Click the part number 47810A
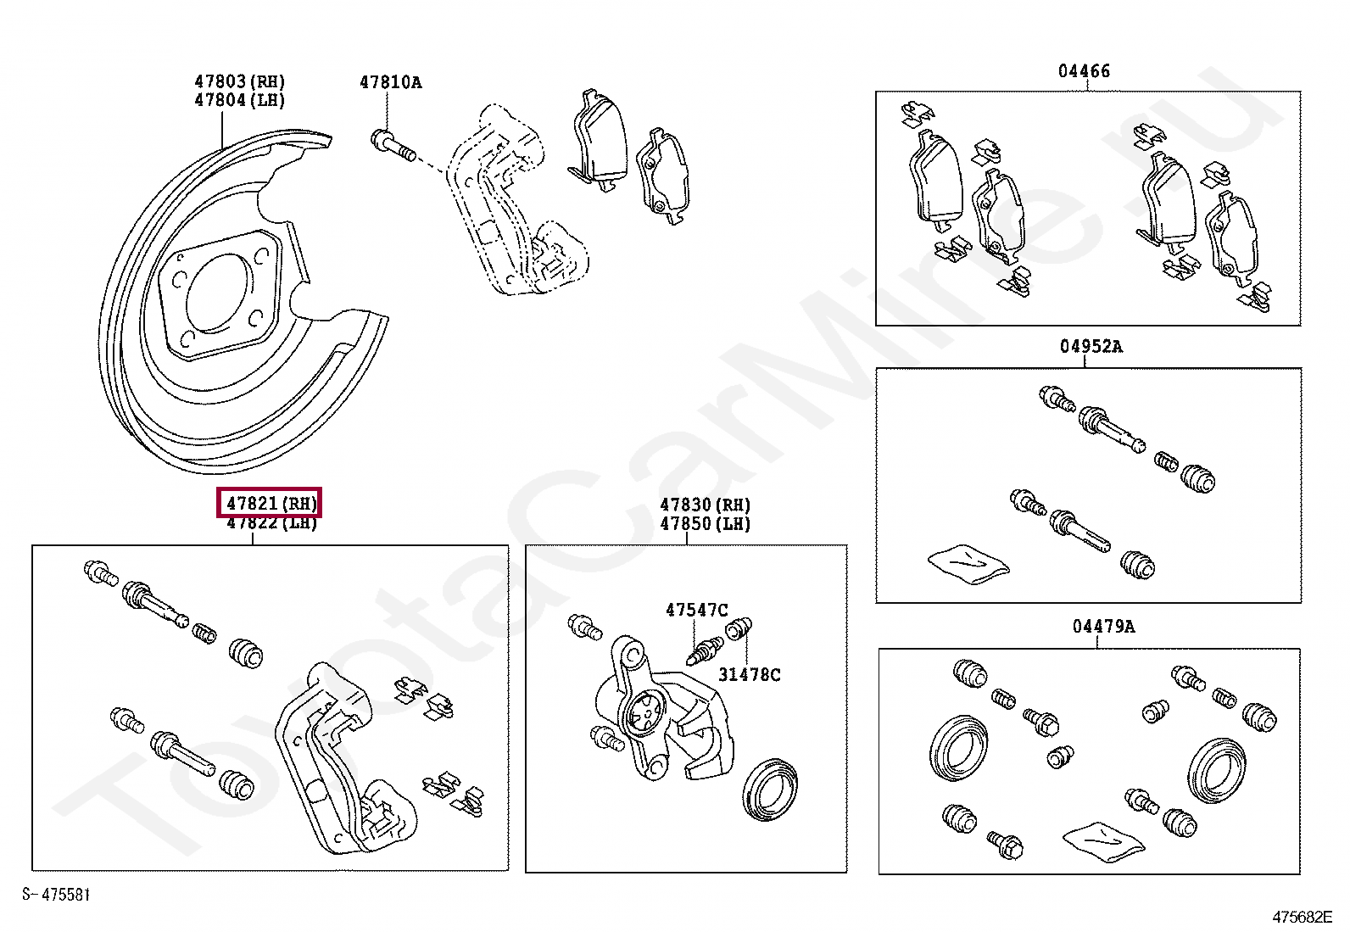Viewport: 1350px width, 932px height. click(390, 82)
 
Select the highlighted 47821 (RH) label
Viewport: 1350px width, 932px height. click(271, 504)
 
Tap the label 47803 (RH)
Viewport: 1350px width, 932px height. click(239, 81)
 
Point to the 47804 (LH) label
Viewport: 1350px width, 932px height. click(239, 100)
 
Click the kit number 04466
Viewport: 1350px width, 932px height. click(1084, 71)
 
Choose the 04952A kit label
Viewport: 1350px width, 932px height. click(1091, 346)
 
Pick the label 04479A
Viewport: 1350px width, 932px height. click(1103, 626)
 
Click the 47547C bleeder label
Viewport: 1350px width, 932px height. click(696, 610)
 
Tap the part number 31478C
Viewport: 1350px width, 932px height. click(749, 674)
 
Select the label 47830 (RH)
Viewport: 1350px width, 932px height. click(705, 505)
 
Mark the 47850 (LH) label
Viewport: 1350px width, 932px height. click(705, 523)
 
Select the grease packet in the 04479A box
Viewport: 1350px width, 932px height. click(1103, 840)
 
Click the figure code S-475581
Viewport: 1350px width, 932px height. click(56, 894)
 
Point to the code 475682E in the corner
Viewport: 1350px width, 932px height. click(1302, 917)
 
